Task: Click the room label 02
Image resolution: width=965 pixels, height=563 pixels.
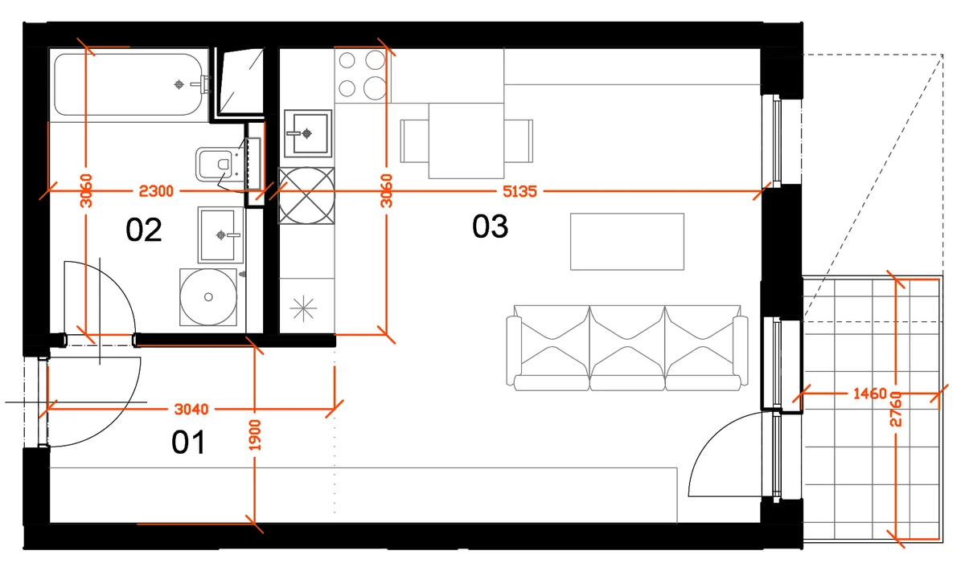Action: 143,230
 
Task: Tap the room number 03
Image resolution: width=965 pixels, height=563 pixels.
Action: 490,226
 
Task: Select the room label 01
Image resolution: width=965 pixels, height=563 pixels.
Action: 188,443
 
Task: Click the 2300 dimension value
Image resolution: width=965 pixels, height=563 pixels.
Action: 156,191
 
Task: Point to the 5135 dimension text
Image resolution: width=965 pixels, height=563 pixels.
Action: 519,191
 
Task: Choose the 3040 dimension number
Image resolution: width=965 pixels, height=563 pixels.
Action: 191,409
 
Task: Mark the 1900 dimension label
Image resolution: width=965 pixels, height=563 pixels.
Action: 255,435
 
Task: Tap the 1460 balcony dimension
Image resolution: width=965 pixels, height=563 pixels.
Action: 870,394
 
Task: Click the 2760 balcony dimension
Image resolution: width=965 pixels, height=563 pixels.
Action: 896,409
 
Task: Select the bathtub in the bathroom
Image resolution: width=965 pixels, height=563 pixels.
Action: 128,84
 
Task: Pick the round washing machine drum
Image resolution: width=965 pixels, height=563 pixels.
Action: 208,297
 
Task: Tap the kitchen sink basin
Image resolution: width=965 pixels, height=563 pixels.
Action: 307,133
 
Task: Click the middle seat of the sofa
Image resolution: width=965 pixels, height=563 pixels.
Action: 626,349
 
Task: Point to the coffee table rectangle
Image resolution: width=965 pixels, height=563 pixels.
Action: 626,242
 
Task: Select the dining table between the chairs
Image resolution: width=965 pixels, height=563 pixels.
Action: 466,141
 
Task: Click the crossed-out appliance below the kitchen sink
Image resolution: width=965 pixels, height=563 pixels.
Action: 306,196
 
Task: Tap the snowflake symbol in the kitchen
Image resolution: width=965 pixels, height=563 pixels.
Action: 304,308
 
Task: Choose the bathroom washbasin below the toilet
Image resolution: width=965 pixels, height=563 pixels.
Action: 220,235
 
